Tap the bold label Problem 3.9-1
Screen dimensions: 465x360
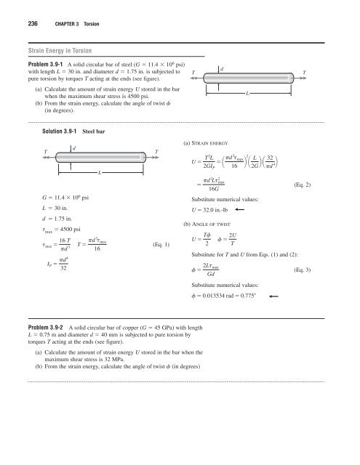(x=34, y=64)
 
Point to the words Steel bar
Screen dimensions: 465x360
(x=97, y=132)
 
